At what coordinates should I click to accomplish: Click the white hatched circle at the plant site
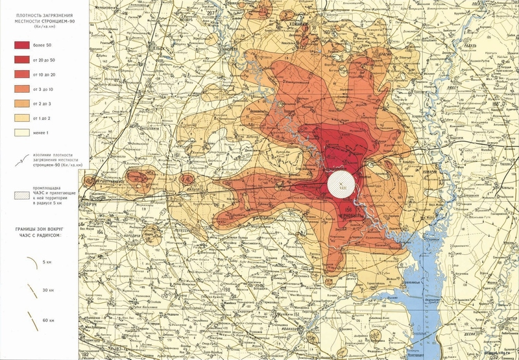[x=341, y=184]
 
